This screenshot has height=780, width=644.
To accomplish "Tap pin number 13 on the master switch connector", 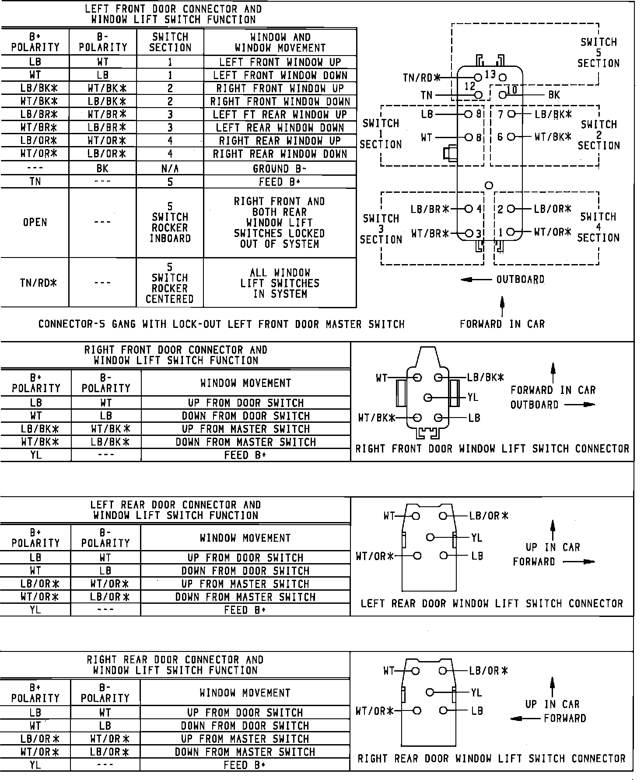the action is [x=490, y=74].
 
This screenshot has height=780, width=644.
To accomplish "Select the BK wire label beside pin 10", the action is [x=554, y=95].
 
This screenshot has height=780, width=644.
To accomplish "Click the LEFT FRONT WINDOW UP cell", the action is [x=280, y=62].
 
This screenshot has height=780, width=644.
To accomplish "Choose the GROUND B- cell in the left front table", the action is [x=280, y=169].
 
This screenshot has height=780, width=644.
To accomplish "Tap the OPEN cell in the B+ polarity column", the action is [x=35, y=223].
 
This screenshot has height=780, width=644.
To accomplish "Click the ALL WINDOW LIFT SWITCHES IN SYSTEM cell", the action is [x=280, y=283].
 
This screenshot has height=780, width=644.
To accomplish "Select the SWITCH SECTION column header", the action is [x=170, y=42].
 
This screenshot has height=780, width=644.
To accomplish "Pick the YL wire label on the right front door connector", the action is [x=473, y=397].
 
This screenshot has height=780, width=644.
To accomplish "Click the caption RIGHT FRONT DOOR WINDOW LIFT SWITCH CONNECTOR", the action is [x=492, y=449].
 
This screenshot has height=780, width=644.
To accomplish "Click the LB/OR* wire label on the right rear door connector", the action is [x=488, y=671].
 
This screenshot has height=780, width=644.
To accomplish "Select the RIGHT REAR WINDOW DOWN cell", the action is [x=280, y=154].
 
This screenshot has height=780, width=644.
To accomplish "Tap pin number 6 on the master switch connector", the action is [x=500, y=137].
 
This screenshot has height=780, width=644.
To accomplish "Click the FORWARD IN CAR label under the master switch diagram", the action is [x=502, y=324].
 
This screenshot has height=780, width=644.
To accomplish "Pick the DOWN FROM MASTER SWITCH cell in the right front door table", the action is [x=246, y=442].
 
